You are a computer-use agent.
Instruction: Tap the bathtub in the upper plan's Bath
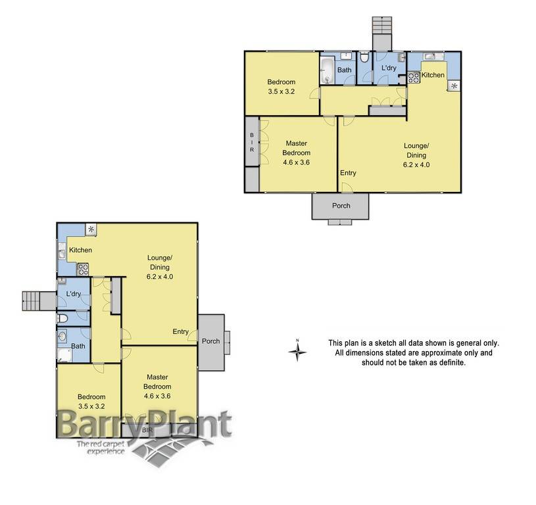[x=328, y=71]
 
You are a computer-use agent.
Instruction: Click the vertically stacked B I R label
[x=252, y=141]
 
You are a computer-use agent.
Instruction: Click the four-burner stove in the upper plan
[x=414, y=77]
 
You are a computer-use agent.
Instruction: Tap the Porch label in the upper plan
[x=341, y=206]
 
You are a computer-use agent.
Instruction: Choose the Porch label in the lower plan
[x=210, y=341]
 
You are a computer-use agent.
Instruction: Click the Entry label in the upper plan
[x=348, y=173]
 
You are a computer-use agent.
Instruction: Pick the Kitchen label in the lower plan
[x=80, y=250]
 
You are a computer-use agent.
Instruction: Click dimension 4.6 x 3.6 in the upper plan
[x=297, y=162]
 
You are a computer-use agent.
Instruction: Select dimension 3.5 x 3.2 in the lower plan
[x=91, y=406]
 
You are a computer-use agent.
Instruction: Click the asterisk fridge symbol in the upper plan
[x=454, y=85]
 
